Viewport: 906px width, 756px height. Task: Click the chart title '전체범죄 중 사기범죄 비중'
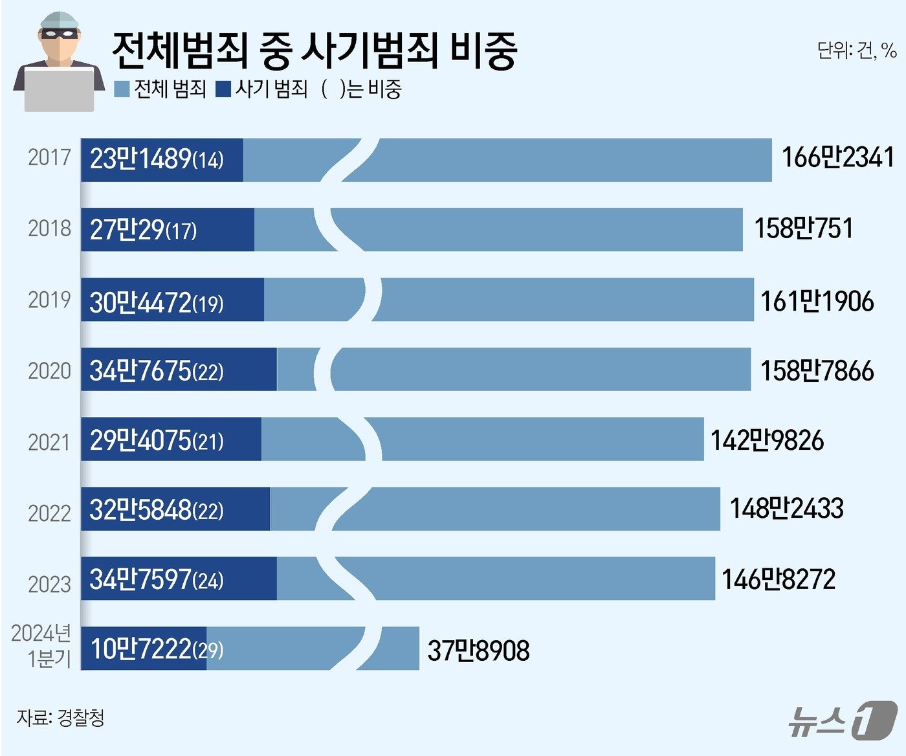pos(314,50)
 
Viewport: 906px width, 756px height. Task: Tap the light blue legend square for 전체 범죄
pos(122,89)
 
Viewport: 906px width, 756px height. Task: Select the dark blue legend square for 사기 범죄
pos(224,89)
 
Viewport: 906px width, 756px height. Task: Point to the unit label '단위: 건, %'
pos(856,50)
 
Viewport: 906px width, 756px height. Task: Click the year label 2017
pos(49,157)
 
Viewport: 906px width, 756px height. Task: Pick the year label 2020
pos(49,371)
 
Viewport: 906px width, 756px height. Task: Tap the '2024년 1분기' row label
pos(41,645)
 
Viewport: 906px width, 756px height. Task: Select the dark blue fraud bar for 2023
pos(179,579)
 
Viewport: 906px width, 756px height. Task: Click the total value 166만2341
pos(838,157)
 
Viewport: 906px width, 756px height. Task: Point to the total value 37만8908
pos(478,650)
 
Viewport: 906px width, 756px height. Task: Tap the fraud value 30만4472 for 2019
pos(141,302)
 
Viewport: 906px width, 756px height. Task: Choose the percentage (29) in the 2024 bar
pos(208,649)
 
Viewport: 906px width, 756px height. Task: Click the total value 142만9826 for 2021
pos(767,440)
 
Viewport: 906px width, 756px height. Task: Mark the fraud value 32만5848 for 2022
pos(141,510)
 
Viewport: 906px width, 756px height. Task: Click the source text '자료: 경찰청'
pos(61,717)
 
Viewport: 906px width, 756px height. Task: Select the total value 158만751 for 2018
pos(804,228)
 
